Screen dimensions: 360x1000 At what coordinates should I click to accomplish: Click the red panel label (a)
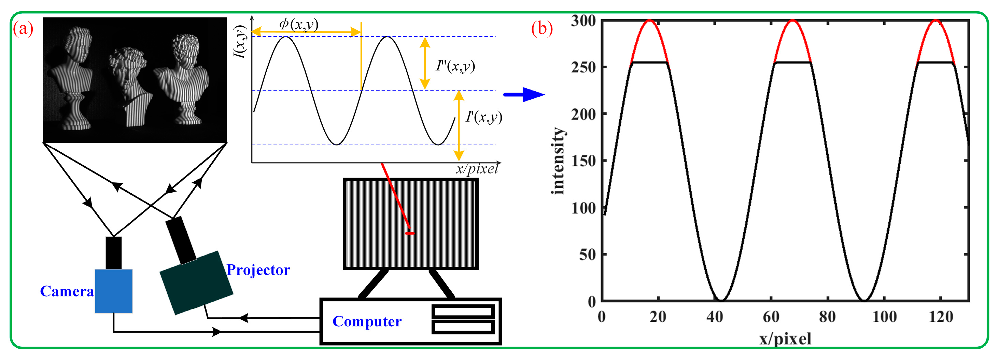23,29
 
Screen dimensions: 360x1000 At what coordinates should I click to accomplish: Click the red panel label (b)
541,29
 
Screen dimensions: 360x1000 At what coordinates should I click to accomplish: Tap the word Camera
67,291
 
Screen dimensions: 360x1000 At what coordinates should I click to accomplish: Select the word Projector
258,270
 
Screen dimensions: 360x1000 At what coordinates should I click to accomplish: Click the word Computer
367,321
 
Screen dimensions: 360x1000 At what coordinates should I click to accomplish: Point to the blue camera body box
113,291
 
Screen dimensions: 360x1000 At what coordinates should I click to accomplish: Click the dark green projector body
196,283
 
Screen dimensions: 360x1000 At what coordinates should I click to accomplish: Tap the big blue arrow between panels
524,94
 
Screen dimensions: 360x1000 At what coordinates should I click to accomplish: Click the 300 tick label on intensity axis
583,21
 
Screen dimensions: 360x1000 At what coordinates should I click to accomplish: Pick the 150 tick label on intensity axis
583,161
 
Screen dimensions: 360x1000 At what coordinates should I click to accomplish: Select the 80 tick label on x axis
827,317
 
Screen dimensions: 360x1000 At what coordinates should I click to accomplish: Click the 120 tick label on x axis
941,317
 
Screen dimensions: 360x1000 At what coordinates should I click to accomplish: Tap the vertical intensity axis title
558,161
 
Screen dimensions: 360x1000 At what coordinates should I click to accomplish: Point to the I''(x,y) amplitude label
455,66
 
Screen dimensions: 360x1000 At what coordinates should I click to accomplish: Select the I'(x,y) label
484,116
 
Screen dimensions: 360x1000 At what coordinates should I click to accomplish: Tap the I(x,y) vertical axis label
241,42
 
